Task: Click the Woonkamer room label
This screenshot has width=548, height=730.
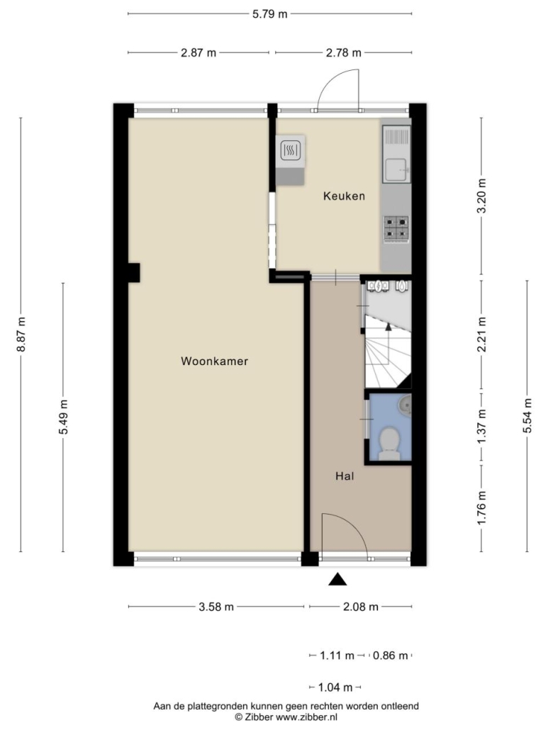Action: [x=214, y=361]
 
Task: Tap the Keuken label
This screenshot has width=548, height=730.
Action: [x=344, y=196]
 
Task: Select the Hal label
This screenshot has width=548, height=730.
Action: [x=345, y=476]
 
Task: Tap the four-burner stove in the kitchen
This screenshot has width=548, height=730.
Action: [x=396, y=229]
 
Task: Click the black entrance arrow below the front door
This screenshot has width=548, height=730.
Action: [x=338, y=579]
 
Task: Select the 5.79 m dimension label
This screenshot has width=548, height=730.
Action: [x=270, y=14]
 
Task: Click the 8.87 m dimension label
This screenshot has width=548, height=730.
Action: [x=21, y=335]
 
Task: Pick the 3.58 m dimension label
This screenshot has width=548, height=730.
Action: [x=216, y=607]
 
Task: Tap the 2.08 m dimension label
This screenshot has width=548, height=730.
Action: [x=361, y=607]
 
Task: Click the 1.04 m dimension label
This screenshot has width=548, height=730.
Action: [x=335, y=687]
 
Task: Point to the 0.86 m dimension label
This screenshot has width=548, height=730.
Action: [x=390, y=656]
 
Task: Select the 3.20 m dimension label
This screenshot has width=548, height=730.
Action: [x=481, y=196]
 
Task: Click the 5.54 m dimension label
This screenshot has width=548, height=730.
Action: [x=527, y=416]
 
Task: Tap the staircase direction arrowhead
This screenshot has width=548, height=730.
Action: [x=388, y=326]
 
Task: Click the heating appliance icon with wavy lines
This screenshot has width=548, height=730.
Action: [x=290, y=150]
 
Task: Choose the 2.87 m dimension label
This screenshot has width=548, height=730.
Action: [x=198, y=52]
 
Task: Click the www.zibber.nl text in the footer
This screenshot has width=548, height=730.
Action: [x=307, y=717]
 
